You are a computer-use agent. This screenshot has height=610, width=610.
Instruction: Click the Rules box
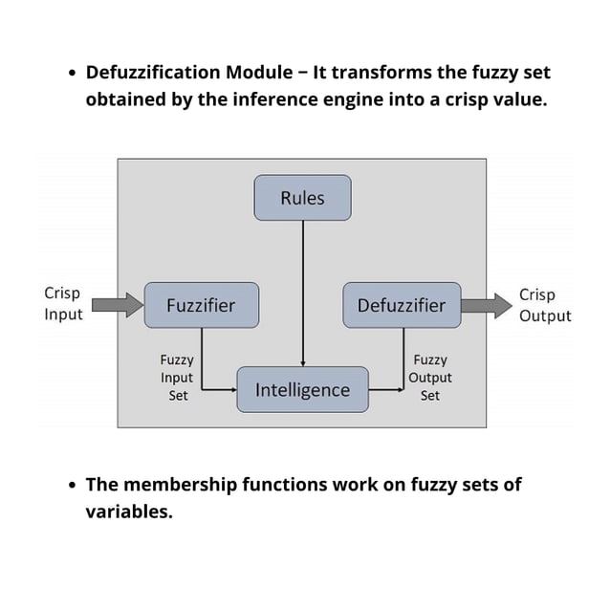click(x=302, y=198)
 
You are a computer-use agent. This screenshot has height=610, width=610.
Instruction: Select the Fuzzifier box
click(x=201, y=305)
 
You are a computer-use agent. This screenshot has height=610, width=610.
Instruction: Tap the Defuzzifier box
click(x=401, y=305)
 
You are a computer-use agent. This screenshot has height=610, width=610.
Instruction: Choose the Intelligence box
click(x=302, y=390)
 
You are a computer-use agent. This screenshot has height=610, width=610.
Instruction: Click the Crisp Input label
click(x=63, y=303)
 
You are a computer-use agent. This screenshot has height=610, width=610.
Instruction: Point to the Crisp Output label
click(x=544, y=305)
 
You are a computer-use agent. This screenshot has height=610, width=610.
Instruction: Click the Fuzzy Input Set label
click(x=177, y=378)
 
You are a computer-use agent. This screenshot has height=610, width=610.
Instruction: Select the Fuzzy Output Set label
click(x=429, y=378)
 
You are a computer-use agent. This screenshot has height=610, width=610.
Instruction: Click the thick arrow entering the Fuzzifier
click(x=119, y=305)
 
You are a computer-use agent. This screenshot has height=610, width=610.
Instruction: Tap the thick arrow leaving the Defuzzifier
click(x=487, y=306)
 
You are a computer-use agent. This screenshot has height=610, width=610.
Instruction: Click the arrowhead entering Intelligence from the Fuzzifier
click(x=232, y=390)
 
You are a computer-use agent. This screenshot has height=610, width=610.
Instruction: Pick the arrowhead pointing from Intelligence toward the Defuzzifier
click(x=400, y=390)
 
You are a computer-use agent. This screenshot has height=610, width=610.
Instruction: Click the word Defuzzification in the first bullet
click(x=154, y=73)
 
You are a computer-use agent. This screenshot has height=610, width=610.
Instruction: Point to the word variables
click(x=129, y=512)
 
